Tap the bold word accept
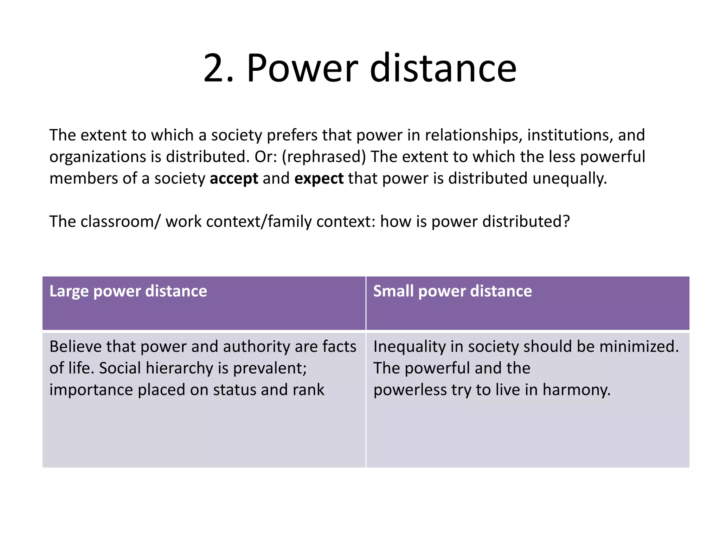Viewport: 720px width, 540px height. [x=234, y=179]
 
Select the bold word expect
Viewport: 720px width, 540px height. [x=319, y=179]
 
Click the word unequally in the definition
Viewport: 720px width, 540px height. [x=570, y=179]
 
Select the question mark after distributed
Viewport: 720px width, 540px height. [x=566, y=222]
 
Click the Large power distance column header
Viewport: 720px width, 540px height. [x=128, y=291]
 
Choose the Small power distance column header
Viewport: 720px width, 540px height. [x=452, y=291]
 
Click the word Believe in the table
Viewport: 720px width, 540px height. [x=75, y=347]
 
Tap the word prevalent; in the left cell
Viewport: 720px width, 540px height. [x=270, y=368]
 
